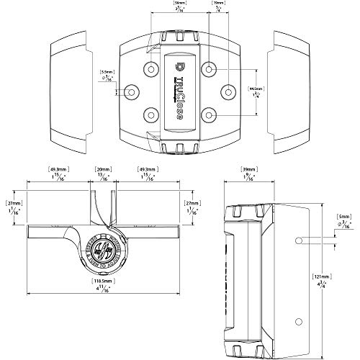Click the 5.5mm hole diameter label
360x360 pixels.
pyautogui.click(x=106, y=71)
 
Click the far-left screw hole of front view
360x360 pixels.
pyautogui.click(x=132, y=92)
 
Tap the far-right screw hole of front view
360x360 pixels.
pyautogui.click(x=227, y=92)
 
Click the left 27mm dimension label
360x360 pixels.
pyautogui.click(x=13, y=204)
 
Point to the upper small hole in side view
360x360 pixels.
pyautogui.click(x=298, y=238)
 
